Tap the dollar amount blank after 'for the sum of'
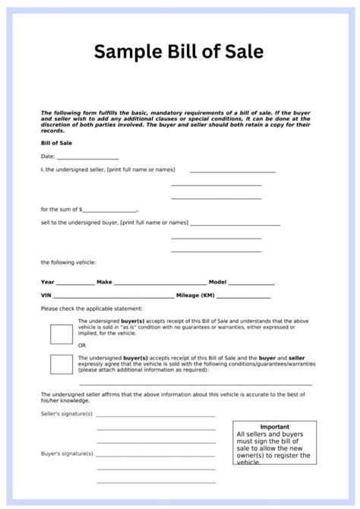(x=109, y=210)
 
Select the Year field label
(x=48, y=282)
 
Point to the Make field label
(x=104, y=282)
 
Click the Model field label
(x=217, y=282)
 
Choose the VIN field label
(x=46, y=296)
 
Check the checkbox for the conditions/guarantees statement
(x=61, y=364)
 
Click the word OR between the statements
(x=82, y=345)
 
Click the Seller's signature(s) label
(x=67, y=416)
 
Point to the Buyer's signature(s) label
(x=67, y=454)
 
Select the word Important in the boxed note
(x=274, y=427)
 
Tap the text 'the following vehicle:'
(x=68, y=262)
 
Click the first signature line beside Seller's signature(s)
(x=155, y=417)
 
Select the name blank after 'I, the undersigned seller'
(x=232, y=172)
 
